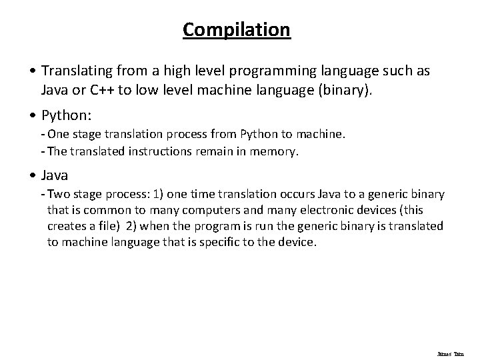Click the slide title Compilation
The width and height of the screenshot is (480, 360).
(237, 30)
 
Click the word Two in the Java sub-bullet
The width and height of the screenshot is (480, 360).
(59, 194)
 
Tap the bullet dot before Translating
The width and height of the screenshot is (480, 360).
(33, 71)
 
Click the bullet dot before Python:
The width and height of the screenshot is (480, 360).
(33, 115)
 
